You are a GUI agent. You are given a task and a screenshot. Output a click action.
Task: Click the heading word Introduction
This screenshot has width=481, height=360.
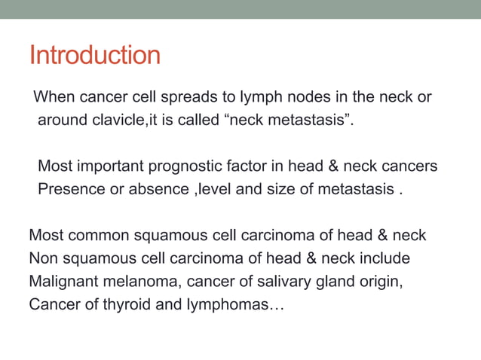[94, 55]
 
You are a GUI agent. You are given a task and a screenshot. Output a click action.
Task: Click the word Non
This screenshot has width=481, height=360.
[43, 258]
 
